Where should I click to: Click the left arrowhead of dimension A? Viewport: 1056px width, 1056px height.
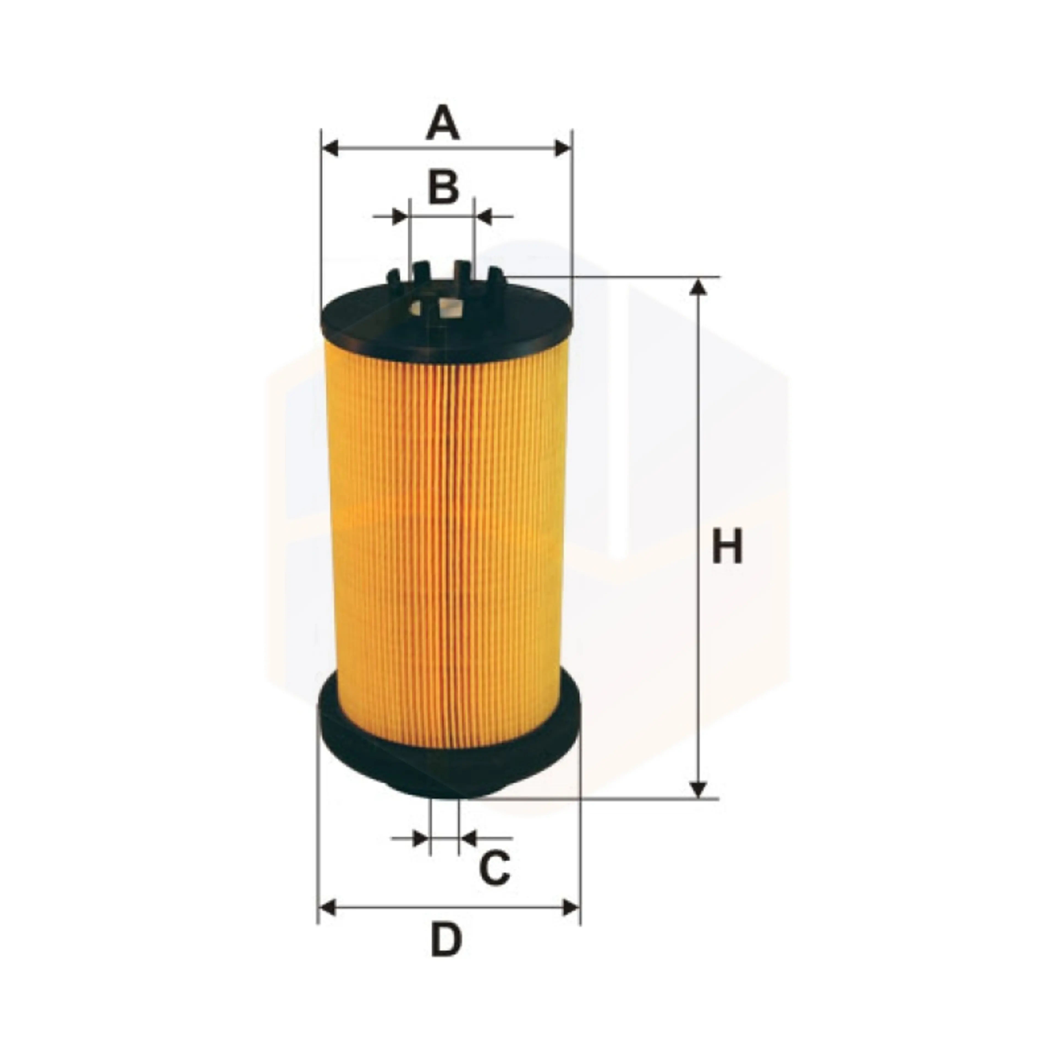point(330,148)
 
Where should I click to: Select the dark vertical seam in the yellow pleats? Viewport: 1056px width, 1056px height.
point(448,547)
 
